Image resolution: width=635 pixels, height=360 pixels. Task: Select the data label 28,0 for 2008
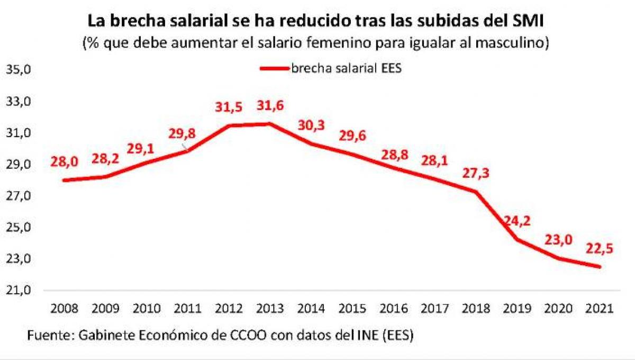click(65, 162)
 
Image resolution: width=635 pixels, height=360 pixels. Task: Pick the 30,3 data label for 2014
click(311, 125)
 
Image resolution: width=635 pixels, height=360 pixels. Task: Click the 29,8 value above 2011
click(182, 133)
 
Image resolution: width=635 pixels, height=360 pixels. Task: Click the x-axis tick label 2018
click(475, 309)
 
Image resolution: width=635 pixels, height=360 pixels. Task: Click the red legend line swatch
click(274, 68)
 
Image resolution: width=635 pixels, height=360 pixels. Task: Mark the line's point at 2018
click(475, 192)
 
